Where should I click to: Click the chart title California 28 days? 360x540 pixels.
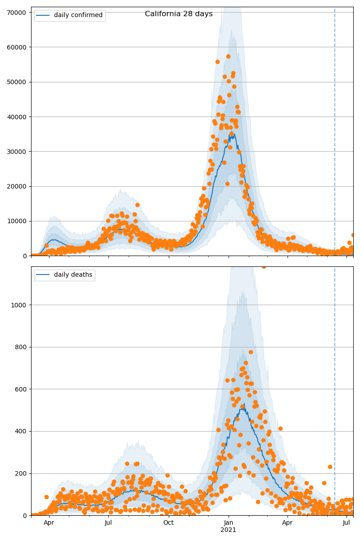179,14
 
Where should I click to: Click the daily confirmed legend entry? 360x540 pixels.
78,15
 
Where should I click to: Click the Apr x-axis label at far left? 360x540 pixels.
49,522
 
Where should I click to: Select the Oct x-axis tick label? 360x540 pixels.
168,522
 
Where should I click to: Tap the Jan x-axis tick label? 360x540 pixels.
228,522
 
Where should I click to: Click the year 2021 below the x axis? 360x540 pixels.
228,530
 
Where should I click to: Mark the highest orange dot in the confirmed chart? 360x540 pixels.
228,56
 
